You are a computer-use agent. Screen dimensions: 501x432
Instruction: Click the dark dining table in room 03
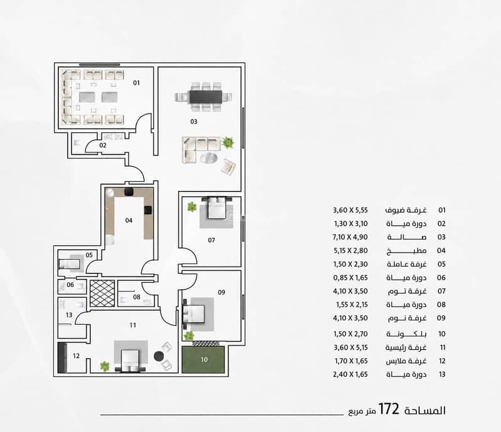[206, 97]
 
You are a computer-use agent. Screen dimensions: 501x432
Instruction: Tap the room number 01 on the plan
[137, 83]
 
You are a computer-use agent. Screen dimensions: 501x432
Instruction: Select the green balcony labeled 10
[203, 360]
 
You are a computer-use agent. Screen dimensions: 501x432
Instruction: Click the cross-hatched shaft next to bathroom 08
[102, 293]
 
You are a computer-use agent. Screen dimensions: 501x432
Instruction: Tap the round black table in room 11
[159, 356]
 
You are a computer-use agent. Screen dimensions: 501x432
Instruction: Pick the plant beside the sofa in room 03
[228, 142]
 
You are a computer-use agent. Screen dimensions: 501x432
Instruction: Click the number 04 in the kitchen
[129, 221]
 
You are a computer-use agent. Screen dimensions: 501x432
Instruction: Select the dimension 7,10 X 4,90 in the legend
[350, 238]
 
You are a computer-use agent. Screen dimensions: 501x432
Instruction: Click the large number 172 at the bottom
[389, 409]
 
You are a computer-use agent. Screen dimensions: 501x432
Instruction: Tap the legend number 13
[442, 374]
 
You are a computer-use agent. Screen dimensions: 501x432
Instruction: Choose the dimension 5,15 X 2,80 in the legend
[351, 251]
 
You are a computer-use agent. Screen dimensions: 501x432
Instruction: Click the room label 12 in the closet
[76, 356]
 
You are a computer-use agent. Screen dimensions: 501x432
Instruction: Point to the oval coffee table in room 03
[209, 158]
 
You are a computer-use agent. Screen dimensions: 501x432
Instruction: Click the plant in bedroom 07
[192, 206]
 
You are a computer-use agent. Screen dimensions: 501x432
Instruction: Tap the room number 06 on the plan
[70, 285]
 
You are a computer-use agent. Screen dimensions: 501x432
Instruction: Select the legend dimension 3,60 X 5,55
[350, 210]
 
